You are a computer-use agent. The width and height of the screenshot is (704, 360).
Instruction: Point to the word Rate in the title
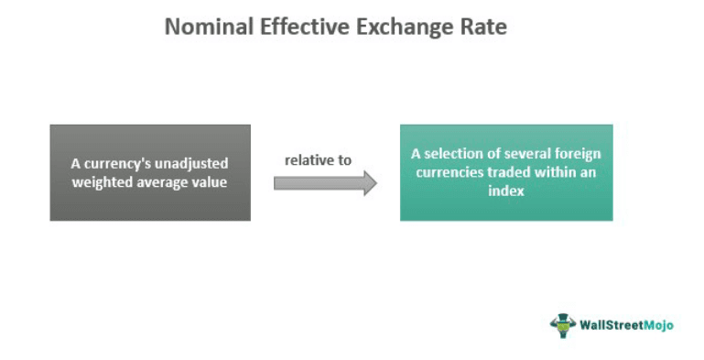click(482, 27)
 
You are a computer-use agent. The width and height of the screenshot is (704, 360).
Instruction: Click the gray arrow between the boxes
click(325, 182)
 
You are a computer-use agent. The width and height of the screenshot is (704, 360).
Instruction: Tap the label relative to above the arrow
click(318, 159)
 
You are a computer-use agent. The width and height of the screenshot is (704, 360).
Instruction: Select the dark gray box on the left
click(150, 172)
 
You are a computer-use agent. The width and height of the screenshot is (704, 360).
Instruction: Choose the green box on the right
click(506, 172)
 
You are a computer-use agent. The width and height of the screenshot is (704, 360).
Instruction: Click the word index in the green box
click(506, 190)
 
